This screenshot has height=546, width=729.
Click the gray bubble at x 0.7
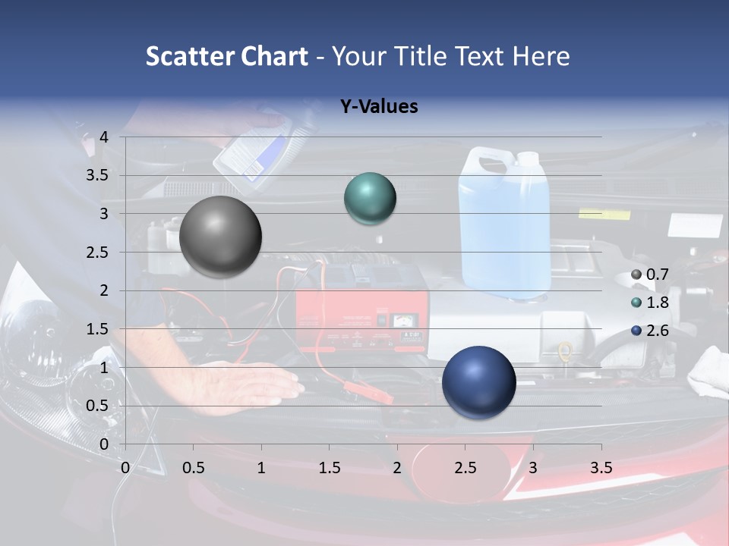click(221, 237)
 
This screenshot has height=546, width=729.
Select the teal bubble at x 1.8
click(370, 199)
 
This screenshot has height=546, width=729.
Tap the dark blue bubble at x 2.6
click(478, 382)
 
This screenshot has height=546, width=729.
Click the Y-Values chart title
click(379, 107)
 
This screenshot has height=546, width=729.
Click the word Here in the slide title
click(540, 56)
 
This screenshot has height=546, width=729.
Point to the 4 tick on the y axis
click(104, 137)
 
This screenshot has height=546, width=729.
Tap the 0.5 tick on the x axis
click(194, 468)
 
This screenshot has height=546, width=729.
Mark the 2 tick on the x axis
click(397, 468)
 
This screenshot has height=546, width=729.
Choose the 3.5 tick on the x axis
click(601, 468)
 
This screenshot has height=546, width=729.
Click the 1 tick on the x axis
click(261, 468)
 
